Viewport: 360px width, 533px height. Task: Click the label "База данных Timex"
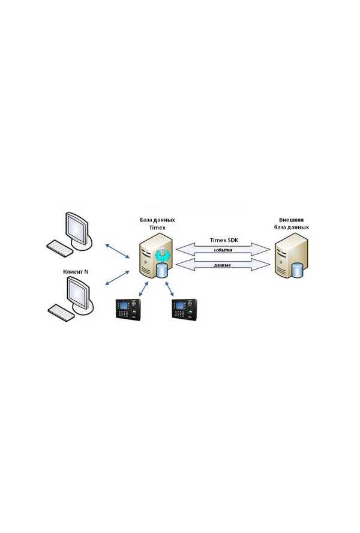pyautogui.click(x=157, y=224)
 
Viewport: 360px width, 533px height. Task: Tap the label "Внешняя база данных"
pyautogui.click(x=292, y=224)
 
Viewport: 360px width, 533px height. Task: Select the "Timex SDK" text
pyautogui.click(x=224, y=240)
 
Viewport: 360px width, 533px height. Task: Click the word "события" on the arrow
pyautogui.click(x=223, y=250)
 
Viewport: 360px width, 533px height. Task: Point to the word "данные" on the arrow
pyautogui.click(x=223, y=265)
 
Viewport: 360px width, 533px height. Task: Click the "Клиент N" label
pyautogui.click(x=76, y=271)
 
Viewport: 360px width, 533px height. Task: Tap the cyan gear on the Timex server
pyautogui.click(x=162, y=255)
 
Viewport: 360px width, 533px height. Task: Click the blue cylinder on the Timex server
pyautogui.click(x=162, y=270)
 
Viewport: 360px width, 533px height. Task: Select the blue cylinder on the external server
pyautogui.click(x=297, y=270)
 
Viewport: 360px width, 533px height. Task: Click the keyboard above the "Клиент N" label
pyautogui.click(x=59, y=248)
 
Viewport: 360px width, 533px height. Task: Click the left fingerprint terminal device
pyautogui.click(x=128, y=309)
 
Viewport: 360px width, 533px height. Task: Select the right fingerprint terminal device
pyautogui.click(x=185, y=309)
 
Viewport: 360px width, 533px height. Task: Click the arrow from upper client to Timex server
pyautogui.click(x=117, y=251)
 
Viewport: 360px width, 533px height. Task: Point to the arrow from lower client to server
pyautogui.click(x=117, y=278)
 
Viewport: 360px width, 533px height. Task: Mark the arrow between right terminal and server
pyautogui.click(x=170, y=288)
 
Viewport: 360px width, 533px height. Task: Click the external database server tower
pyautogui.click(x=292, y=256)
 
